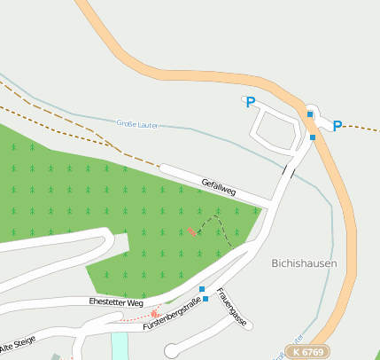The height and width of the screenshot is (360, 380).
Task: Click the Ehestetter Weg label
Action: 116,302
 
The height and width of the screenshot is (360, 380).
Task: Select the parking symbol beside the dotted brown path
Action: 337,127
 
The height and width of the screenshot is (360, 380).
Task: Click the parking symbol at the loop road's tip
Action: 250,103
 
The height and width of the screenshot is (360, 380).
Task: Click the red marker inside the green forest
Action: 191,232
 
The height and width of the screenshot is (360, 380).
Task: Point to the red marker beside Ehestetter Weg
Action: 156,312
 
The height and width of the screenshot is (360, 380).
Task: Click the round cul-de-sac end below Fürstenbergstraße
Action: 172,352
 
